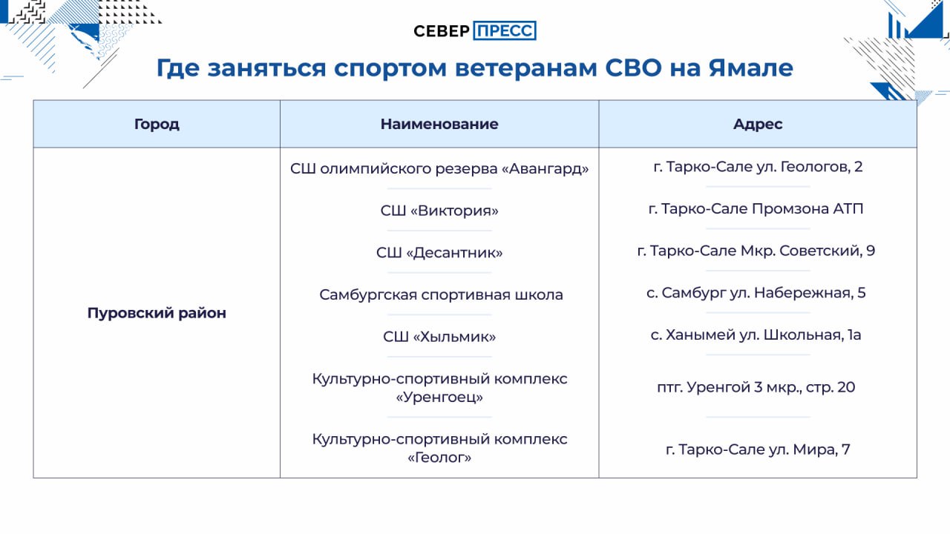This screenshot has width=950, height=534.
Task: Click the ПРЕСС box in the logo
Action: coord(505,30)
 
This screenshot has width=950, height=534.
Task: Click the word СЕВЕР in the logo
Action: coord(442,31)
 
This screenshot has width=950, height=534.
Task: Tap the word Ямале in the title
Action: coord(750,67)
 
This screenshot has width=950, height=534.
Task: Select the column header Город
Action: coord(157,124)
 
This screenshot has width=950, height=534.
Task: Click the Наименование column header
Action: coord(439,124)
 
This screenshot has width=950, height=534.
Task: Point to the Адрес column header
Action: coord(758,124)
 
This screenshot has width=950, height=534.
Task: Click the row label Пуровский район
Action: coord(157,313)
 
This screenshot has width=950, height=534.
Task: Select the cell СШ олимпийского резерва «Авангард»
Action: coord(439,168)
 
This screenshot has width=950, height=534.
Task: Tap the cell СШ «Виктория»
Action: coord(439,211)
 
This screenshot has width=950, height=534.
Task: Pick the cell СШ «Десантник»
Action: coord(439,253)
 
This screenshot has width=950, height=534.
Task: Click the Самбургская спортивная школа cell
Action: coord(441,294)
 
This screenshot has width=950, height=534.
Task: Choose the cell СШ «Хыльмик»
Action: coord(439,337)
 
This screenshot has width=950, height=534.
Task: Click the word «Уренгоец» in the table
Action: coord(439,397)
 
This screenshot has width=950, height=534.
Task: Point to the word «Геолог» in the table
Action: coord(439,458)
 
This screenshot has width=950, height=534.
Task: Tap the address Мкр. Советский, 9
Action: coord(807,251)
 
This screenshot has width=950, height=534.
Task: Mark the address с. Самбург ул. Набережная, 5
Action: coord(756,293)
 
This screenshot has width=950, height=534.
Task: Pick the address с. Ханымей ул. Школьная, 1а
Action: coord(756,334)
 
